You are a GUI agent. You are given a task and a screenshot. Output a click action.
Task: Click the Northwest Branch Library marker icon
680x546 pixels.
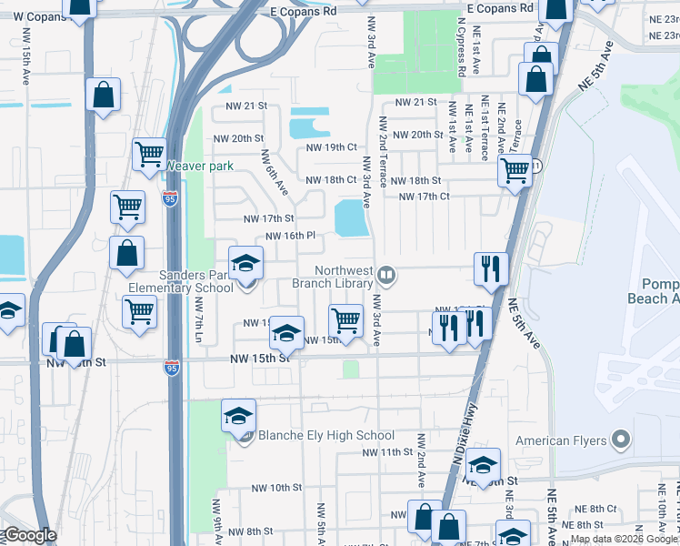tap(386, 274)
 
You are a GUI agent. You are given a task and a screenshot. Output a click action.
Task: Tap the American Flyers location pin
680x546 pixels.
tap(621, 440)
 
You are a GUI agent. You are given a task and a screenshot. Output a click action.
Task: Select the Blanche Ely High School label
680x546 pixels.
tap(326, 435)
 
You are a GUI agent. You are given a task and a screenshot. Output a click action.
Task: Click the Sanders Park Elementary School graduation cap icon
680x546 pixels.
tap(244, 264)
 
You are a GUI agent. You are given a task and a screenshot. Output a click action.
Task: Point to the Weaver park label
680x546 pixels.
tap(199, 166)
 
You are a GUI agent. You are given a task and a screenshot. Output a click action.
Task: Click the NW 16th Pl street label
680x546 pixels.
tap(290, 236)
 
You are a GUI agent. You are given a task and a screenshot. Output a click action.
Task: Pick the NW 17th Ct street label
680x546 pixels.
tap(425, 197)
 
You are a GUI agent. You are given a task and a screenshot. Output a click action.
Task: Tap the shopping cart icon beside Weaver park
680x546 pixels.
tap(149, 153)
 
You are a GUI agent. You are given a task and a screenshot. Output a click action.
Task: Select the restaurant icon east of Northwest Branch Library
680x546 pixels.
tap(489, 268)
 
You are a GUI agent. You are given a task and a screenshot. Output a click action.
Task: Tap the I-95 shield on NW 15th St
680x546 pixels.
tap(172, 367)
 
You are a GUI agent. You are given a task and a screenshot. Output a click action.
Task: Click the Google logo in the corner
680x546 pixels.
tap(30, 535)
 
